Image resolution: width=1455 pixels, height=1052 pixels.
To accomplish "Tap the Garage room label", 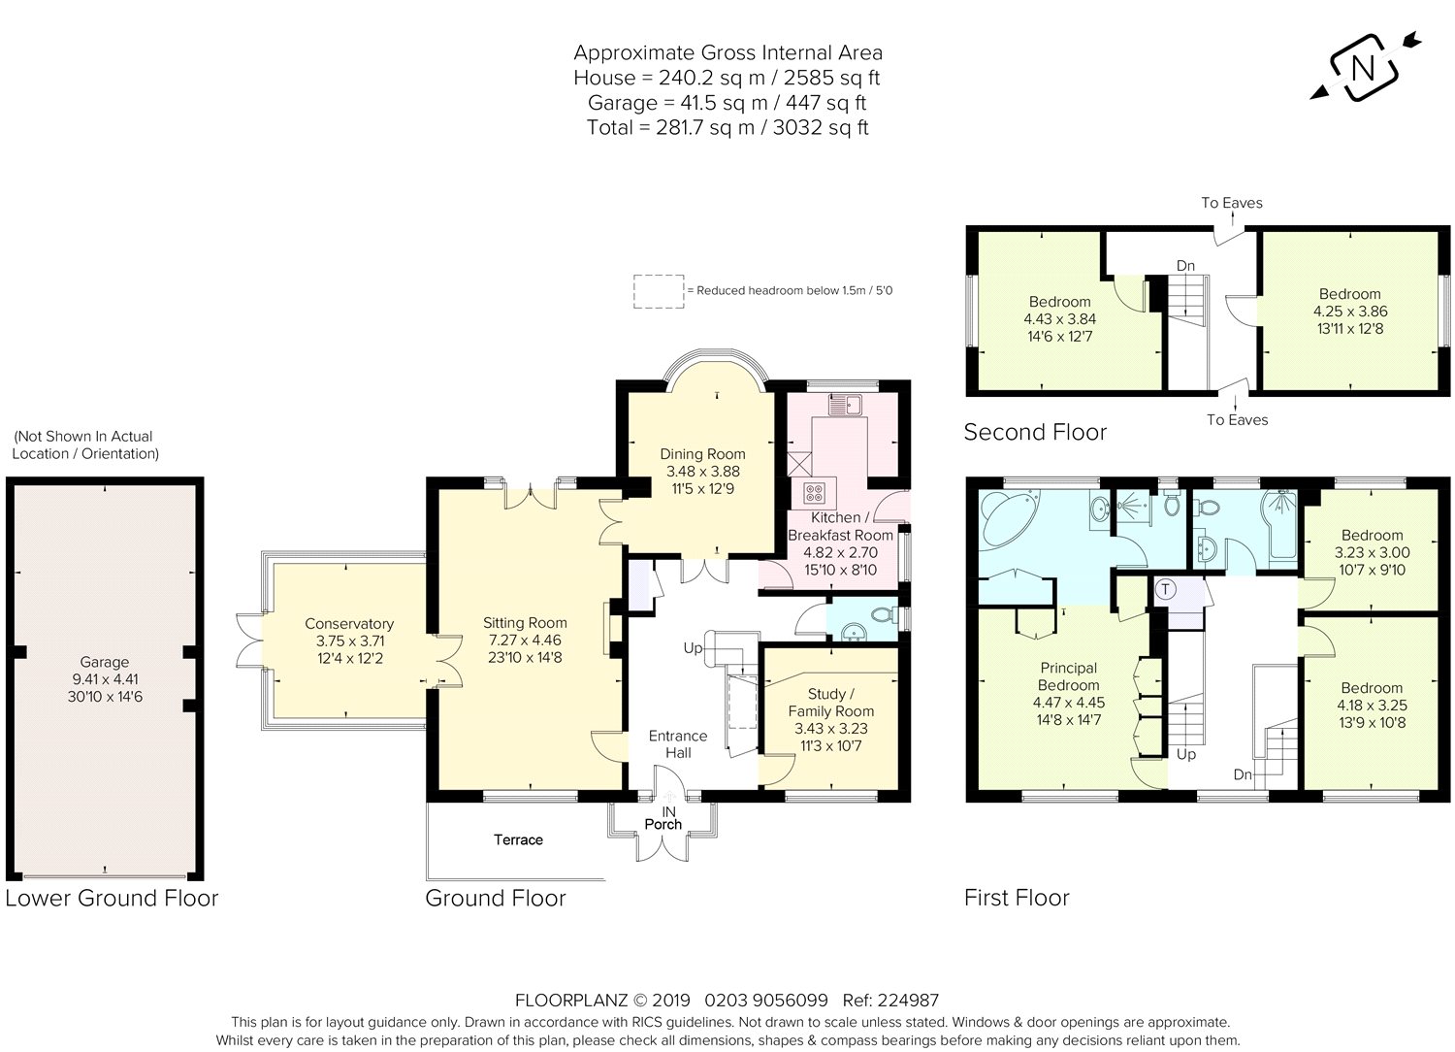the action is click(105, 662).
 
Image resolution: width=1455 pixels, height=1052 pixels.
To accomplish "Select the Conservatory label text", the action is click(349, 624).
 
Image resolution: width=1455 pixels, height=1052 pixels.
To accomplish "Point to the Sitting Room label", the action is click(525, 622).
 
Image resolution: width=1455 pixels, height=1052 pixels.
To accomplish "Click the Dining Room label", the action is click(703, 454).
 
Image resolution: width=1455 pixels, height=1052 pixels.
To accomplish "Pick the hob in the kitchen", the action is click(813, 493).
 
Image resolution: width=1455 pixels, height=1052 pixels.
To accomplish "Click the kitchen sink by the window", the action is click(845, 404).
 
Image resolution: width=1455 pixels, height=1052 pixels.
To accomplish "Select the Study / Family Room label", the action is click(830, 703).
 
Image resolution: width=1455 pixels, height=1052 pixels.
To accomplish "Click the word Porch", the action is click(663, 824).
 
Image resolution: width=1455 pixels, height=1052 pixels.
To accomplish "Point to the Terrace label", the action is click(518, 839).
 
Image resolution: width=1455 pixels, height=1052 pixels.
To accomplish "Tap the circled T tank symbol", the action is click(1166, 589).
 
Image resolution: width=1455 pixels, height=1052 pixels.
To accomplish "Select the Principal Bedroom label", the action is click(1069, 676).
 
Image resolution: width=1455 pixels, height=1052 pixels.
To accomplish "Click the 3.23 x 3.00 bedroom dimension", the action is click(1373, 553).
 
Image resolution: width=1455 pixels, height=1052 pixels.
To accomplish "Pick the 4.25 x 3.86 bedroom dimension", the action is click(1350, 312).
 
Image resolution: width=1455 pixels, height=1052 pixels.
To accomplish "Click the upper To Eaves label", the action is click(1232, 203).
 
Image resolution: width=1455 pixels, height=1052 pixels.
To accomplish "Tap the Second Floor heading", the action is click(1035, 432).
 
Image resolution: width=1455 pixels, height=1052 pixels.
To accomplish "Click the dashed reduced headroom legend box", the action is click(659, 291).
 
